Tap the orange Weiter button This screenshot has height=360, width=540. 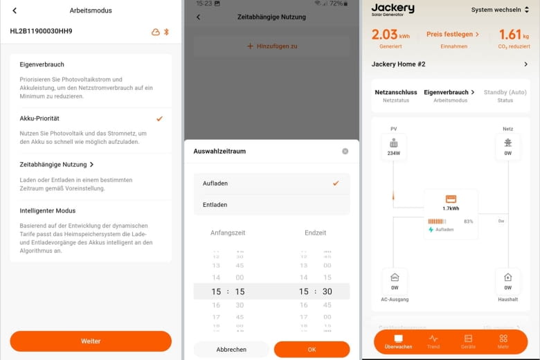point(91,341)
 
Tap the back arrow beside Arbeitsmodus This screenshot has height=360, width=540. point(15,10)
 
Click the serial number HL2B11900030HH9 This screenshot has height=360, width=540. point(41,31)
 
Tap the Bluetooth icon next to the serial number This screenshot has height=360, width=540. point(166,32)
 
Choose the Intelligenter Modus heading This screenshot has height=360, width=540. point(47,210)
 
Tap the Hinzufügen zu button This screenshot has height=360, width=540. point(271,46)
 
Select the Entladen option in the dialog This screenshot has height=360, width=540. point(215,205)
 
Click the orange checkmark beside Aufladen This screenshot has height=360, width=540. point(336,183)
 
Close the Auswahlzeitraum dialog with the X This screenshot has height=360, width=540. point(345,151)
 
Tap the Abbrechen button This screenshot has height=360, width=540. point(231,350)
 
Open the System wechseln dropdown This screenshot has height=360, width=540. point(501,10)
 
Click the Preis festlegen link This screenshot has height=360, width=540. point(453,34)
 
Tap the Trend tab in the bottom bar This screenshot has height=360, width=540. point(433,341)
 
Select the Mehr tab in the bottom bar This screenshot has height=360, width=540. point(503,341)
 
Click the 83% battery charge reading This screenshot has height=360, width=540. point(468,222)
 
